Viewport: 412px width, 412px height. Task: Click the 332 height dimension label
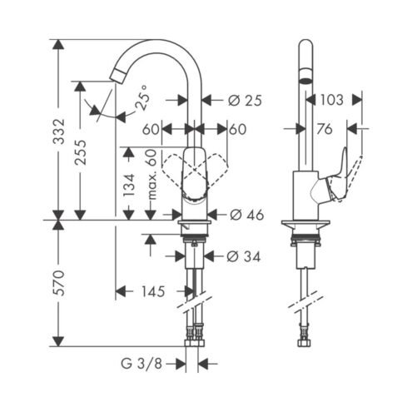point(59,132)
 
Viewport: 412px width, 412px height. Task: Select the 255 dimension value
point(81,152)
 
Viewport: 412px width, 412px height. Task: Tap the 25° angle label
point(142,97)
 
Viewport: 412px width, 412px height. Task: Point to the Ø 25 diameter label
point(245,100)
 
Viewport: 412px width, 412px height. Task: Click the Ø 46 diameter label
point(246,215)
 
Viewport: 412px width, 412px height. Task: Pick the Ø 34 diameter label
point(244,256)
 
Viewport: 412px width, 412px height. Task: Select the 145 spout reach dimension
point(153,291)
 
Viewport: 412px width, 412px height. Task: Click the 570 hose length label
point(59,283)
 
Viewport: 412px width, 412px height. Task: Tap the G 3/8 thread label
point(141,364)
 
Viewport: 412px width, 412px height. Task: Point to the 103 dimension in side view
point(332,100)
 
